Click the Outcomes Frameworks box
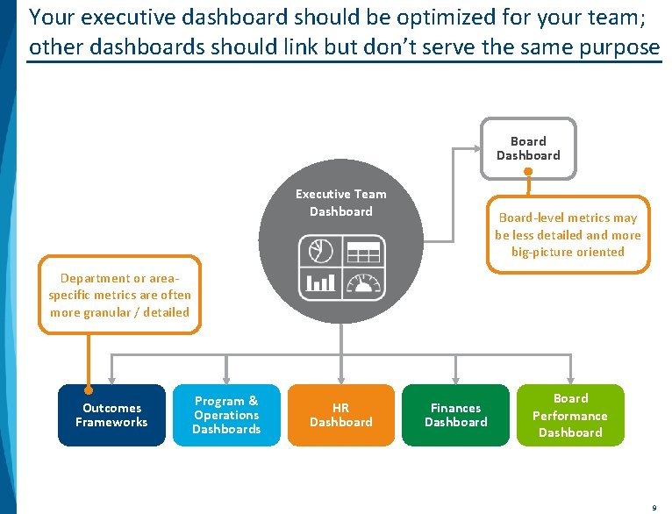[x=111, y=415]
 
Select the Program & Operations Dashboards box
[x=227, y=415]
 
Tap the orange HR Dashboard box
[x=341, y=415]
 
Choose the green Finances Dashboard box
[x=455, y=415]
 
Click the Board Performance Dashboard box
[x=570, y=415]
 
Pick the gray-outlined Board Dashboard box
[x=528, y=148]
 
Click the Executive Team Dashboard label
[x=340, y=203]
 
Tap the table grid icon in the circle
[x=363, y=251]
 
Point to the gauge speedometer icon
[x=363, y=282]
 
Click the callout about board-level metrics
[x=568, y=234]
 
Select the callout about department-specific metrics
[x=119, y=296]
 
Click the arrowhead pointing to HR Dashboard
[x=341, y=378]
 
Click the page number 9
[x=654, y=507]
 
